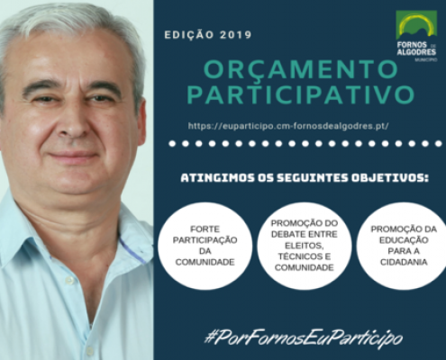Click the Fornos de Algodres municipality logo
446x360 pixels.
click(416, 36)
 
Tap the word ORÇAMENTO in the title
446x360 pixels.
click(301, 68)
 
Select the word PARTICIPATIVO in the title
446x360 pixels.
click(301, 94)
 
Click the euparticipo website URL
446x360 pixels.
click(288, 126)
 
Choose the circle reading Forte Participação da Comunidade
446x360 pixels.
click(205, 246)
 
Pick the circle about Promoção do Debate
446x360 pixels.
click(305, 246)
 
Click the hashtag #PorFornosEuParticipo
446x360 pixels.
click(304, 339)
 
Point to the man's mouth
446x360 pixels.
click(73, 156)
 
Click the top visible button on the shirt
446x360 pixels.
click(69, 281)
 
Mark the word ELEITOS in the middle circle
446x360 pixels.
click(304, 246)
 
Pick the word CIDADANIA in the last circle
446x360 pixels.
click(404, 262)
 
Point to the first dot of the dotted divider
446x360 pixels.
click(172, 144)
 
